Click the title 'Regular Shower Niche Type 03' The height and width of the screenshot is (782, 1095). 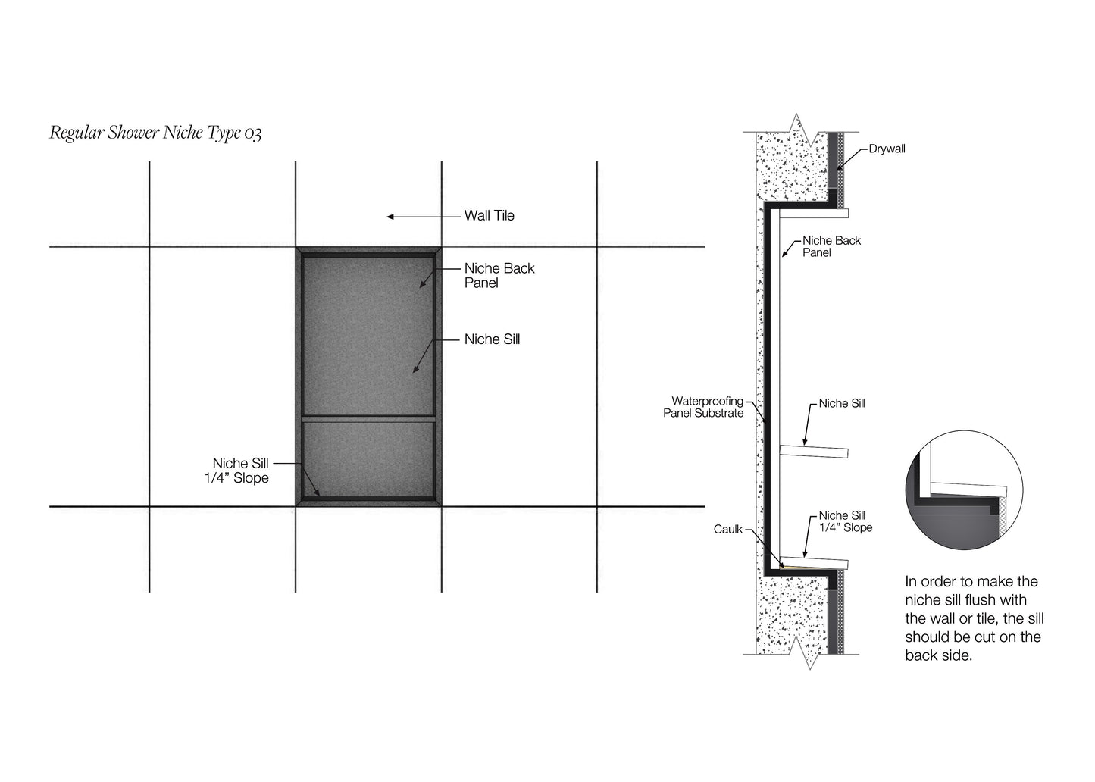[155, 133]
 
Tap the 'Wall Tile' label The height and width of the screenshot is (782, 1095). [489, 215]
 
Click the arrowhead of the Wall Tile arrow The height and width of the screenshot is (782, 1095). [390, 217]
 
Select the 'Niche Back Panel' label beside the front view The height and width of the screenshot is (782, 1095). [499, 275]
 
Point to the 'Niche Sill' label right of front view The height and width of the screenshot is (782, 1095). [492, 339]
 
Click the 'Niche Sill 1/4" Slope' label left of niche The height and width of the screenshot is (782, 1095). [236, 470]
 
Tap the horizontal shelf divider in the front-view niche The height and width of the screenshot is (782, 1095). [368, 419]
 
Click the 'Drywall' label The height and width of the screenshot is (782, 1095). [887, 149]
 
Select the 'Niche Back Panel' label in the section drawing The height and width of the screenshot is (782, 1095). [831, 246]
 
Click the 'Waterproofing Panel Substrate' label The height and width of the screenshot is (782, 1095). [703, 407]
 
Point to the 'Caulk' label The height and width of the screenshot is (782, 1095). [728, 530]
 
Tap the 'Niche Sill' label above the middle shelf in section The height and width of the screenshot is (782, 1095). [842, 403]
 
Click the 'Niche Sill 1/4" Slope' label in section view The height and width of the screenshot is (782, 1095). [846, 521]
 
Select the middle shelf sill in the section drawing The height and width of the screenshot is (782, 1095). [814, 452]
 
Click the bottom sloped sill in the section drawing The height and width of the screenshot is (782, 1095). [814, 562]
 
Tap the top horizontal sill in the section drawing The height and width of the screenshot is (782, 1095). [814, 214]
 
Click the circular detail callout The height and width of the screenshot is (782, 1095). [964, 490]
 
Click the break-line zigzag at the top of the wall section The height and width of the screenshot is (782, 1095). [801, 130]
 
